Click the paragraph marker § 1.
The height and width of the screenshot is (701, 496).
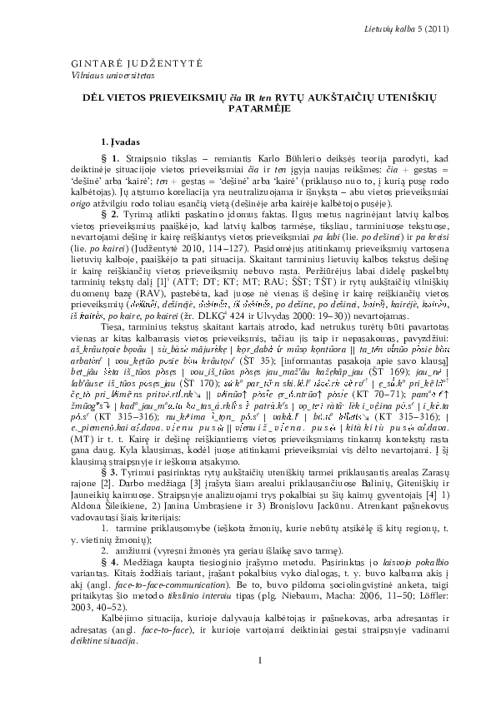108,157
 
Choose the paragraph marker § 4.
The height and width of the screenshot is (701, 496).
108,551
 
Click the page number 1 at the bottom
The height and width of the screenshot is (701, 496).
260,661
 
